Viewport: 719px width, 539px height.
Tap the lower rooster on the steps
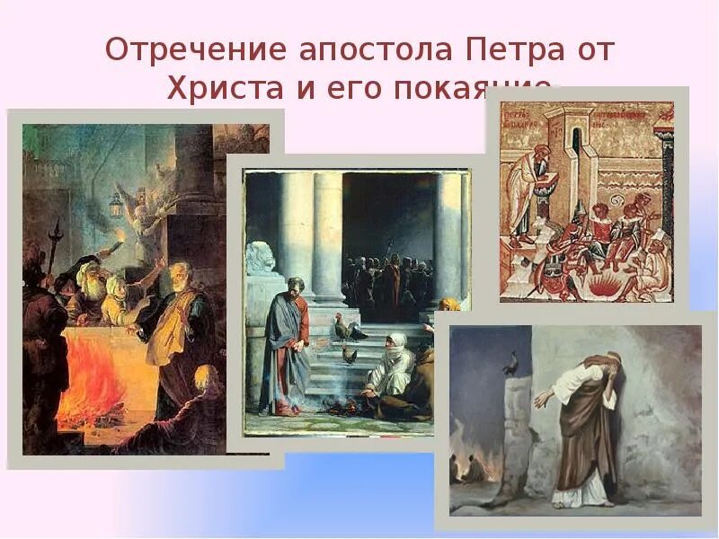(x=349, y=356)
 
